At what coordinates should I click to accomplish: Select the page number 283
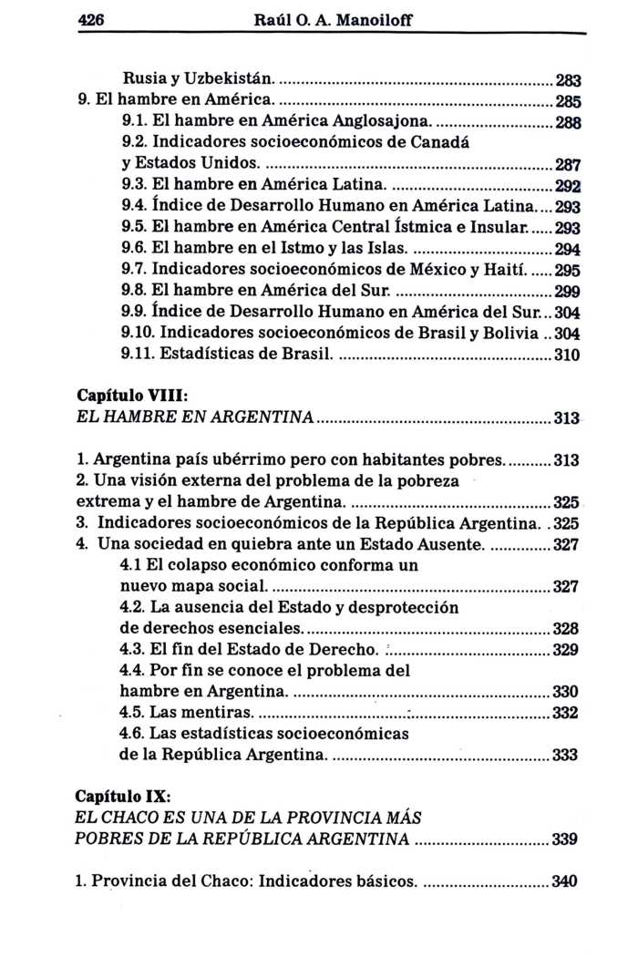coord(568,79)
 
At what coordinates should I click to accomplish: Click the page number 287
coord(568,167)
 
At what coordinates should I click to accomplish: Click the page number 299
coord(568,294)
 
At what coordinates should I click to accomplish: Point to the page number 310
coord(568,355)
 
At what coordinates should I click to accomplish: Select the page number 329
coord(566,650)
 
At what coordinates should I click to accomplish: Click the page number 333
coord(566,755)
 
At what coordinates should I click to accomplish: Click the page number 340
coord(566,881)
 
